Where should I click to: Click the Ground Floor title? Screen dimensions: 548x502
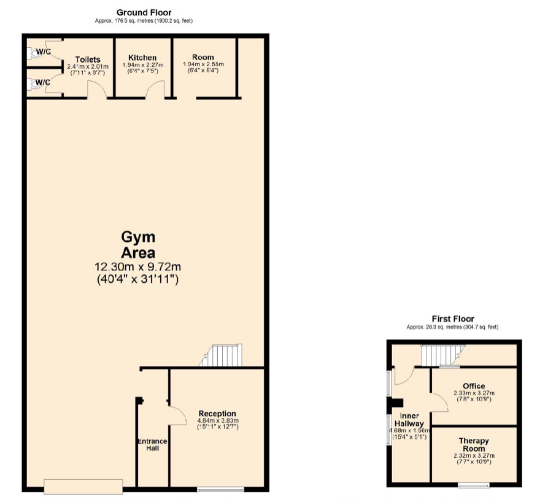click(x=144, y=13)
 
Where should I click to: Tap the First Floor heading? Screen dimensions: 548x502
click(x=453, y=319)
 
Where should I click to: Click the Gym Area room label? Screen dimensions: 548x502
click(x=139, y=245)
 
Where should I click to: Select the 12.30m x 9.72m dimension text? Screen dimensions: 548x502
click(x=137, y=267)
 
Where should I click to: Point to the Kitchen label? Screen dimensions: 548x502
click(x=142, y=58)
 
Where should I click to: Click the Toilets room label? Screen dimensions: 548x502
click(x=88, y=60)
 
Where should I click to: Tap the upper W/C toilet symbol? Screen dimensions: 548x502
click(x=34, y=53)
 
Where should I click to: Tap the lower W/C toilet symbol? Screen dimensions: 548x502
click(x=34, y=84)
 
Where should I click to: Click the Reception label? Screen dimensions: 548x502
click(x=217, y=414)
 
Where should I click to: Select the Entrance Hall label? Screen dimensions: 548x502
click(x=152, y=445)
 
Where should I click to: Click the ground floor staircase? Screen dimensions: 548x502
click(x=220, y=355)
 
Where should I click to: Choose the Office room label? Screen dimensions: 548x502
click(x=474, y=386)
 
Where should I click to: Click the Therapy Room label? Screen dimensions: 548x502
click(x=474, y=445)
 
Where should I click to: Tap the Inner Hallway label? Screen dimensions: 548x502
click(x=409, y=420)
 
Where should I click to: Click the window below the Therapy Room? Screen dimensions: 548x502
click(x=474, y=485)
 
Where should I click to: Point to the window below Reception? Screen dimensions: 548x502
click(x=220, y=490)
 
